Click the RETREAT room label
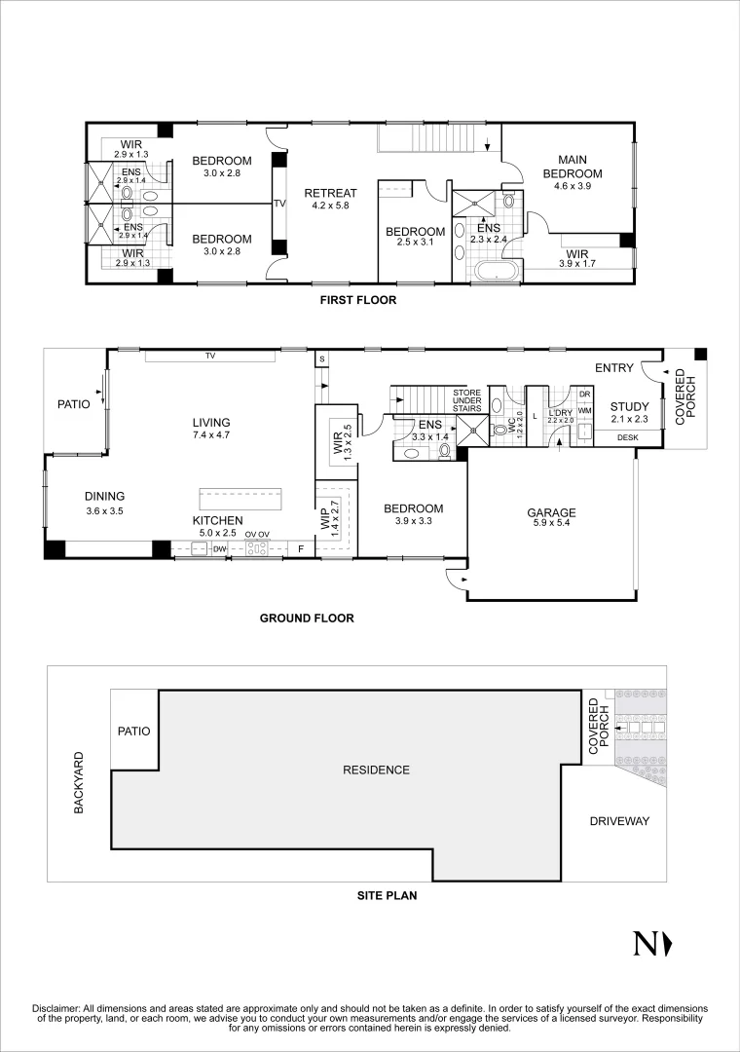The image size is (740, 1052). pyautogui.click(x=331, y=193)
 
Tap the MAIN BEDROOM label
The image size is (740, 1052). pyautogui.click(x=573, y=167)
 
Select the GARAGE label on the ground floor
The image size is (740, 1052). pyautogui.click(x=551, y=513)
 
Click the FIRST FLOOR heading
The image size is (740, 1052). pyautogui.click(x=357, y=300)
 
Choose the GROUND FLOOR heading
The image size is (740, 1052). pyautogui.click(x=307, y=618)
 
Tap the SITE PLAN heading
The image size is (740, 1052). pyautogui.click(x=388, y=895)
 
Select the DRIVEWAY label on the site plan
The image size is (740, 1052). pyautogui.click(x=619, y=821)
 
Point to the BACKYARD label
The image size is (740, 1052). pyautogui.click(x=79, y=783)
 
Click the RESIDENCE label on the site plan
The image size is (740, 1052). pyautogui.click(x=376, y=770)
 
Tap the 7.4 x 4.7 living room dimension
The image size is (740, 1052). pyautogui.click(x=211, y=434)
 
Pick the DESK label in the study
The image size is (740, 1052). pyautogui.click(x=627, y=438)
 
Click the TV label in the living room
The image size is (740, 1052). pyautogui.click(x=210, y=357)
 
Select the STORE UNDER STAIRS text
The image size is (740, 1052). pyautogui.click(x=467, y=400)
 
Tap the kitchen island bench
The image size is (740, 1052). pyautogui.click(x=240, y=500)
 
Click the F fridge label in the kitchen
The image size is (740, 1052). pyautogui.click(x=302, y=549)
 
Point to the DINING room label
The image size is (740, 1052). pyautogui.click(x=104, y=497)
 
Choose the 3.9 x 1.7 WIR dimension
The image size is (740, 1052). pyautogui.click(x=577, y=264)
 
